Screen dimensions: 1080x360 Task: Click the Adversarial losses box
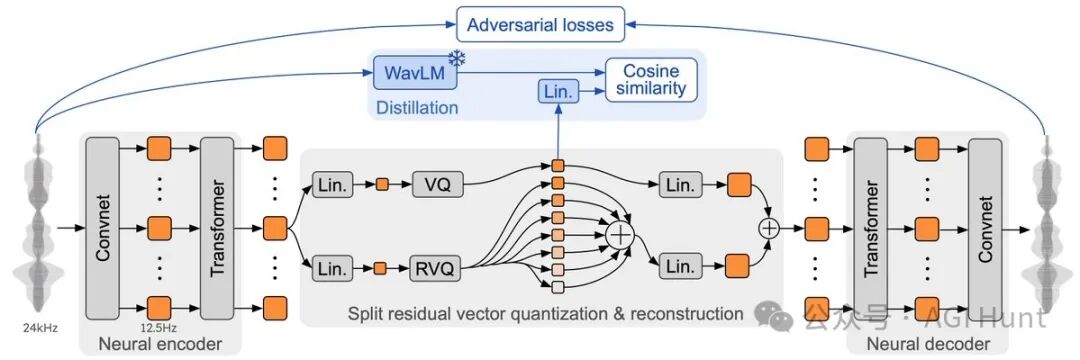(541, 24)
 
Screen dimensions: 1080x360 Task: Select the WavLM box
(415, 72)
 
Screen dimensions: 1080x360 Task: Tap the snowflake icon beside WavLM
(456, 59)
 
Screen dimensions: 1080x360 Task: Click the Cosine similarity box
(651, 80)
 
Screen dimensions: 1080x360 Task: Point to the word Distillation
(417, 108)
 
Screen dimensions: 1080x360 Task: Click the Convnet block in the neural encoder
(103, 227)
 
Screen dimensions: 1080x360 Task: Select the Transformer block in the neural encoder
(217, 227)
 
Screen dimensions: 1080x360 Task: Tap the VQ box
(437, 184)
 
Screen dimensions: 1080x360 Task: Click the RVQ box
(437, 266)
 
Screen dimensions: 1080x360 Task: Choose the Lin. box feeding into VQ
(332, 184)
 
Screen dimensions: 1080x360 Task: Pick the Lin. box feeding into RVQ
(332, 266)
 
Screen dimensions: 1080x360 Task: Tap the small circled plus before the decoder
(769, 227)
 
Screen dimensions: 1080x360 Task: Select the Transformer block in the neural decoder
(871, 227)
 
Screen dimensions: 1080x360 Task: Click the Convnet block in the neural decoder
(985, 227)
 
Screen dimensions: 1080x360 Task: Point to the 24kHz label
(39, 328)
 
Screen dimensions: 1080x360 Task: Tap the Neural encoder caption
(159, 343)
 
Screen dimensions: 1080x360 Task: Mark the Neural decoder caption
(928, 343)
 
